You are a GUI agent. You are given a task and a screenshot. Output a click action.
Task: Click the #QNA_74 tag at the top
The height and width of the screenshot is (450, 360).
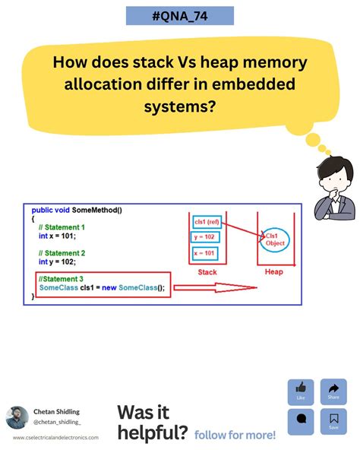(x=180, y=17)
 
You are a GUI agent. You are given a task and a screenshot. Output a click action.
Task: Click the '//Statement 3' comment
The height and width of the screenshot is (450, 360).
(x=62, y=279)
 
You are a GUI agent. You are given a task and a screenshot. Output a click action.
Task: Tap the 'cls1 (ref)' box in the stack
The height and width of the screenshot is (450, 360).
(x=207, y=221)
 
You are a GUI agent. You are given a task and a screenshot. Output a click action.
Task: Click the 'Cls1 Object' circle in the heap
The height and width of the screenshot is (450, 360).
(x=272, y=239)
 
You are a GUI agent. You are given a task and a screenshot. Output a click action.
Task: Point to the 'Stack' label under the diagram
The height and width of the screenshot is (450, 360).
(x=207, y=272)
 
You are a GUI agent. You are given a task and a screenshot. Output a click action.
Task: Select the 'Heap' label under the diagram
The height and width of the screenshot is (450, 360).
(x=273, y=272)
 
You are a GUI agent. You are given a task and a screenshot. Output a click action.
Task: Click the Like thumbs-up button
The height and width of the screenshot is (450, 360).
(x=300, y=391)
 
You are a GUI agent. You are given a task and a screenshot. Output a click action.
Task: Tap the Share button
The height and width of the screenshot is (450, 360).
(x=333, y=391)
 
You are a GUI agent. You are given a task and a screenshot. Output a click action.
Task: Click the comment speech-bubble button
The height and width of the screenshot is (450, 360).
(x=300, y=420)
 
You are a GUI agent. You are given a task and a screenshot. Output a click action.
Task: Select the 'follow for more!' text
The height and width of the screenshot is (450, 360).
(x=235, y=435)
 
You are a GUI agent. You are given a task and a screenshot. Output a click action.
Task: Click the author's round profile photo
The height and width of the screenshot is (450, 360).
(x=17, y=418)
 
